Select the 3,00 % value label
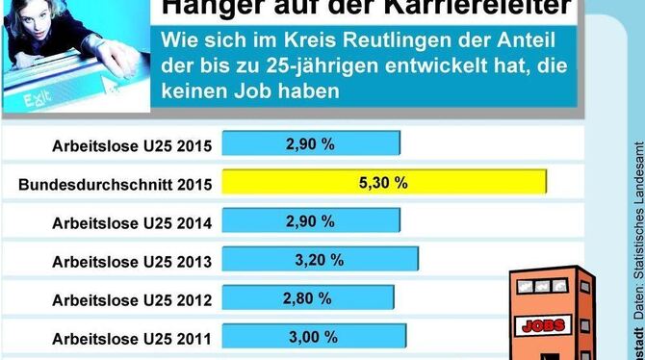[x=314, y=337]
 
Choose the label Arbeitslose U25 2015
[x=133, y=146]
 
